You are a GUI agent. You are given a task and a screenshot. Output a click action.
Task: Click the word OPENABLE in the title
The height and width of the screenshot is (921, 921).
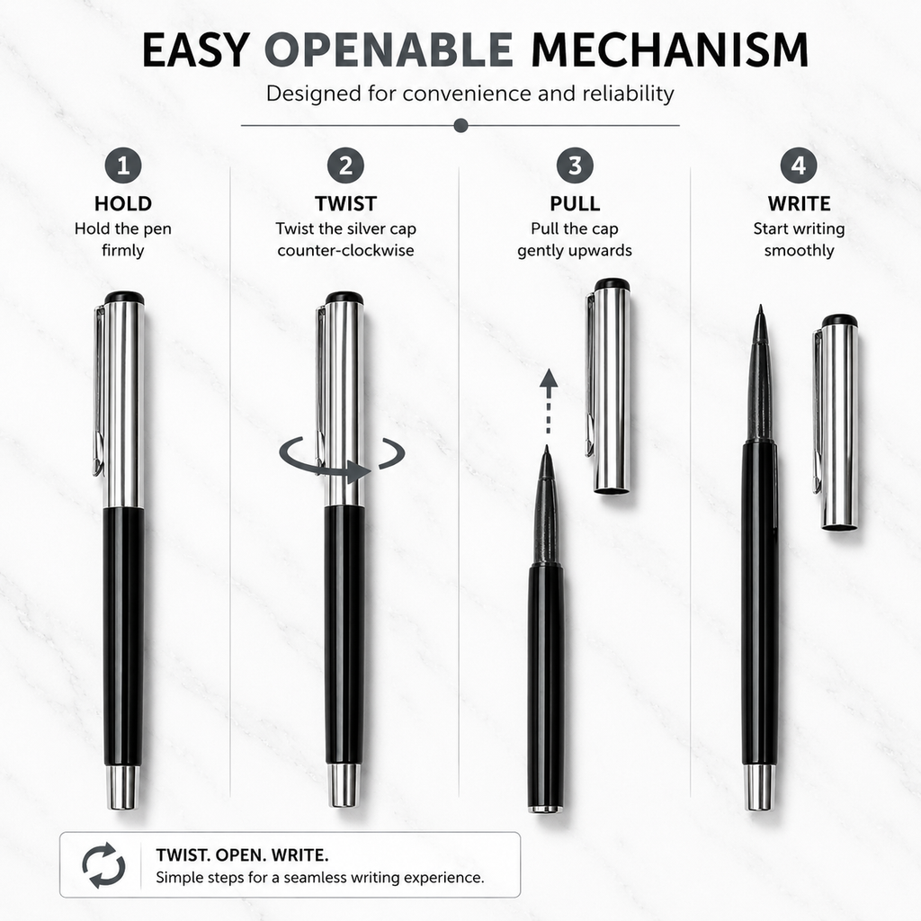(x=389, y=50)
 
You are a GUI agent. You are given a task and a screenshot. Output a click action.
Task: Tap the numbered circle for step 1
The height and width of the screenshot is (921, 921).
(x=123, y=165)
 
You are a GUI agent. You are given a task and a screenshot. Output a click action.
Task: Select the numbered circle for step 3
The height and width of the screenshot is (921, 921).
(x=575, y=165)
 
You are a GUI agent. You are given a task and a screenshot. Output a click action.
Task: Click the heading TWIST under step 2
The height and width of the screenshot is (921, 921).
(x=345, y=204)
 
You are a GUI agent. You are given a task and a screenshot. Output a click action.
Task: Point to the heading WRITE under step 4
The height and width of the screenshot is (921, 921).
(x=799, y=204)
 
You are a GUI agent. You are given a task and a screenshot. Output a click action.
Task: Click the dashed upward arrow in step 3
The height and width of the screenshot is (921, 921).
(x=548, y=401)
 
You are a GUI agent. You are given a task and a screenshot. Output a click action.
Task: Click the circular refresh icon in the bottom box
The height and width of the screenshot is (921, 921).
(x=104, y=864)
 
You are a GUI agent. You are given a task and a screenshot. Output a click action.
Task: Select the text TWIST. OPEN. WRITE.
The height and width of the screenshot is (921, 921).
(x=242, y=854)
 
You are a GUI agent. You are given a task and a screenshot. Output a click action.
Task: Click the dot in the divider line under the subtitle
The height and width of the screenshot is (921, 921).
(x=461, y=125)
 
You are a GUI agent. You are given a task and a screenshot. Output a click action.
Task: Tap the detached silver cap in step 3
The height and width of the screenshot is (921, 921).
(x=610, y=385)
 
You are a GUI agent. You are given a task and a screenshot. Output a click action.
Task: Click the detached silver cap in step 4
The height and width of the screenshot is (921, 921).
(x=836, y=423)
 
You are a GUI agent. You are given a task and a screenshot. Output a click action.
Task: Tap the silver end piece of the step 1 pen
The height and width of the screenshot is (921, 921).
(x=122, y=787)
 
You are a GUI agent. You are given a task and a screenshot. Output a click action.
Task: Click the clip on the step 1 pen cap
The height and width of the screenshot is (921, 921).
(x=99, y=390)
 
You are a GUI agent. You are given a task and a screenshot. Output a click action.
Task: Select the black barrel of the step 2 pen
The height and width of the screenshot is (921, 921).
(x=344, y=634)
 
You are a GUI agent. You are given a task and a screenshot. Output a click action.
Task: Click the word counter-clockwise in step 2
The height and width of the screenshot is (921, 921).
(x=345, y=251)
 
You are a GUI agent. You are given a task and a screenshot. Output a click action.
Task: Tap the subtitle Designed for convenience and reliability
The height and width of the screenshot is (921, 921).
(x=469, y=94)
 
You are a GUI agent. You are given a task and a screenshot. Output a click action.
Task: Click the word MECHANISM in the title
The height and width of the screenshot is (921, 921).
(x=669, y=50)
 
